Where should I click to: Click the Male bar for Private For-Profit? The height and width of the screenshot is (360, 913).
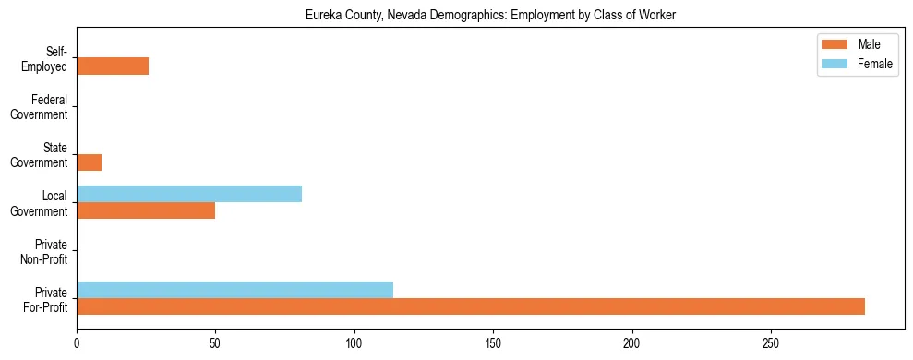click(x=471, y=306)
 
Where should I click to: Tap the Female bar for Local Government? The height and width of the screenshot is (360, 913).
click(x=189, y=194)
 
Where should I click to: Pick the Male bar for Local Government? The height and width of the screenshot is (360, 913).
click(x=146, y=210)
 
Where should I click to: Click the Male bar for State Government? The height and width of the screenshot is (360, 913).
click(x=89, y=162)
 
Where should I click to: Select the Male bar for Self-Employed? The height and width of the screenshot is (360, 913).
click(x=113, y=66)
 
